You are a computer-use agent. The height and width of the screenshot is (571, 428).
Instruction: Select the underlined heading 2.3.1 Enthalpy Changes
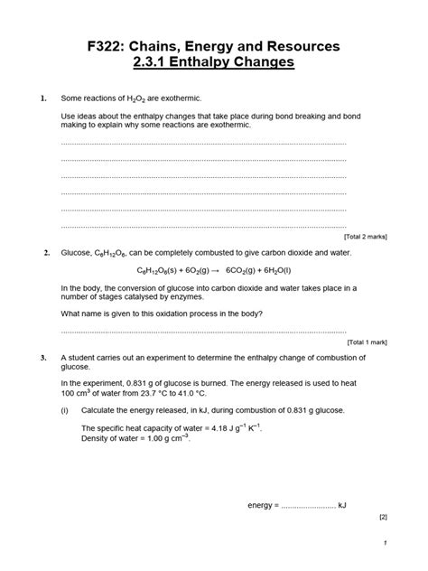pos(213,63)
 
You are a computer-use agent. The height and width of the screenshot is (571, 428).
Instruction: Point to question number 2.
pos(45,254)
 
